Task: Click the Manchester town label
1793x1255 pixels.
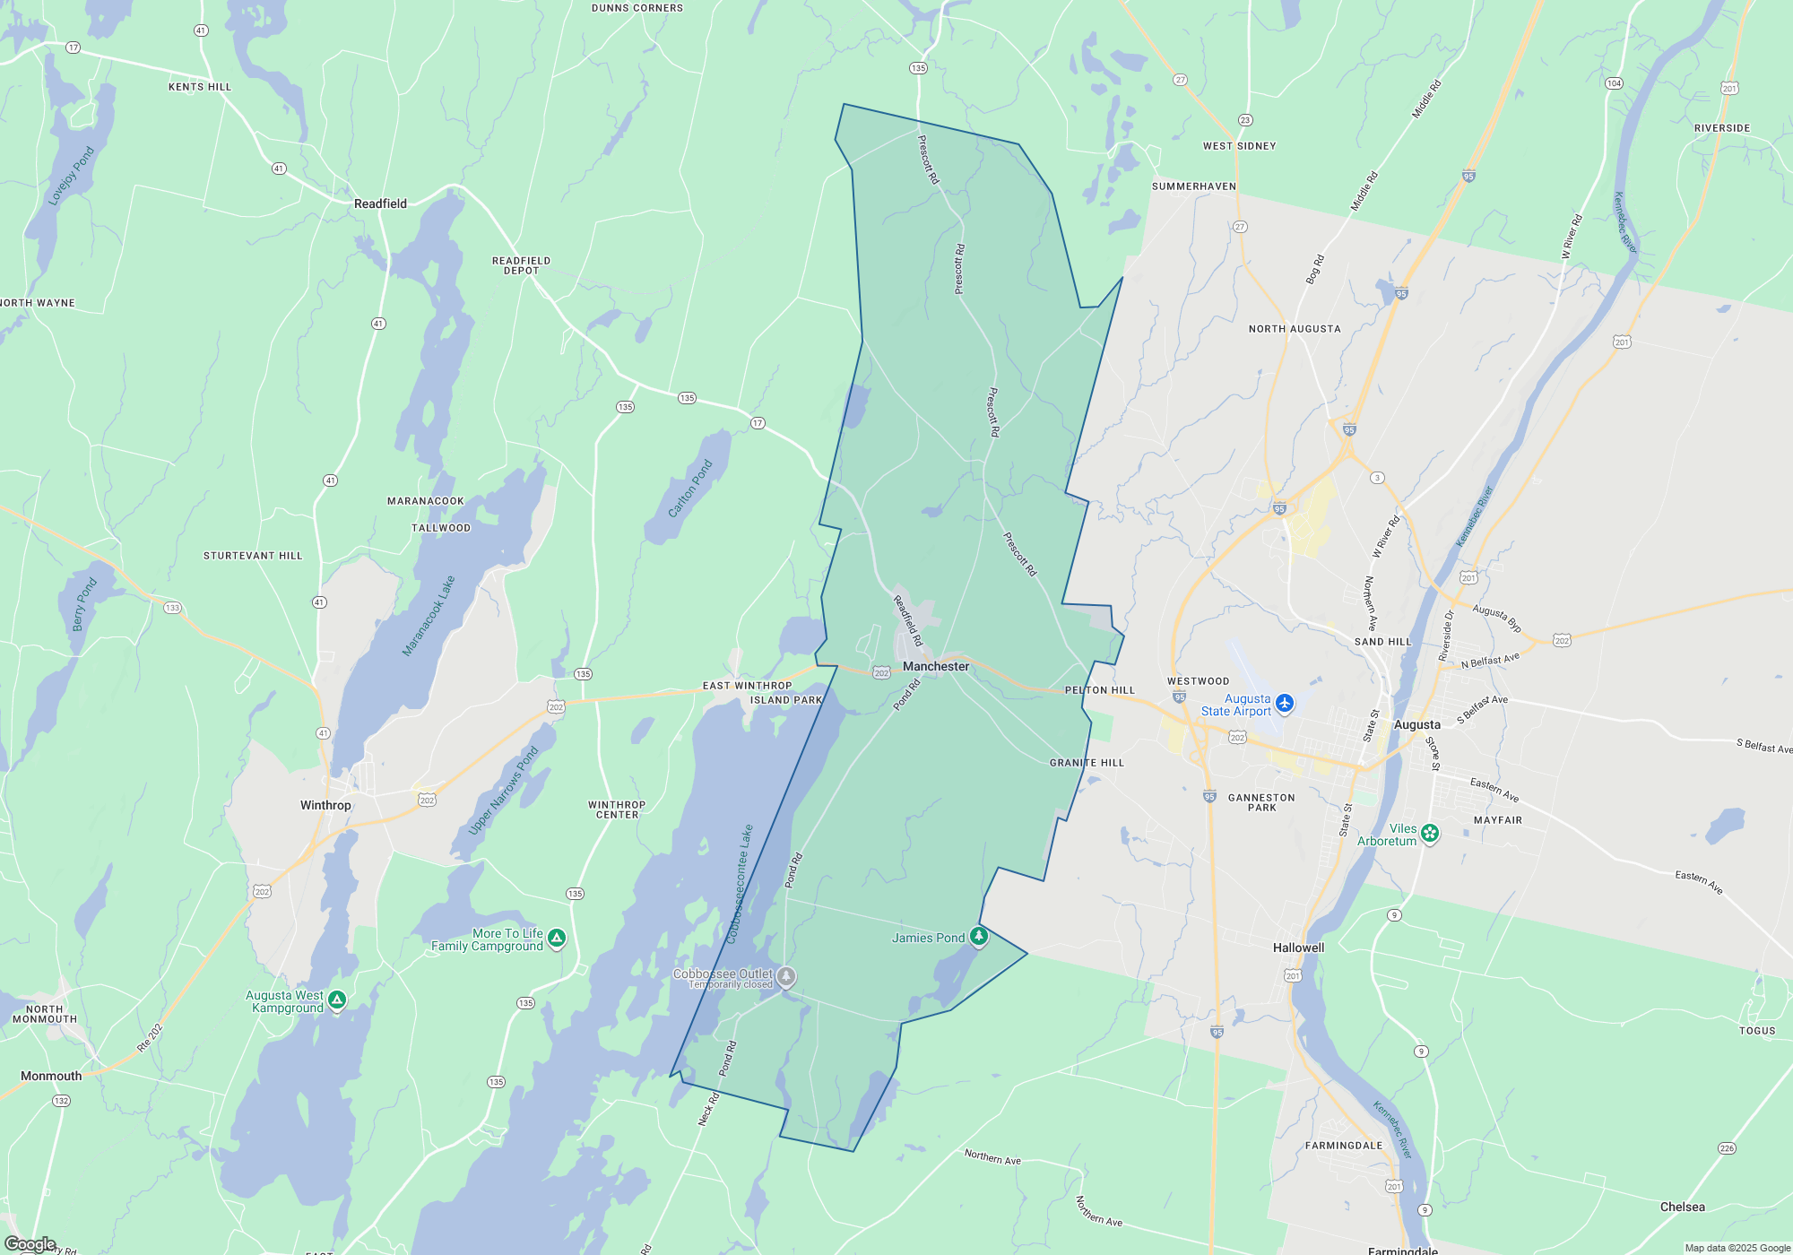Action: pyautogui.click(x=936, y=666)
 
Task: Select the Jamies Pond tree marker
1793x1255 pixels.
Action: pyautogui.click(x=979, y=937)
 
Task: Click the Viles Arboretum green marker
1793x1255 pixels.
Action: pyautogui.click(x=1430, y=833)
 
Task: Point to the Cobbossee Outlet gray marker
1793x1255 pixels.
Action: pyautogui.click(x=786, y=975)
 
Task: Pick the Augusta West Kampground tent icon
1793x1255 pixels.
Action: pyautogui.click(x=337, y=1000)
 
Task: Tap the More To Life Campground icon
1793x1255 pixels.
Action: pyautogui.click(x=557, y=938)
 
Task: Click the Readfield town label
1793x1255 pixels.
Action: pyautogui.click(x=380, y=203)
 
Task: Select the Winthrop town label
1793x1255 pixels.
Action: pyautogui.click(x=325, y=805)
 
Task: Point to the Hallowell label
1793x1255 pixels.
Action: pyautogui.click(x=1298, y=948)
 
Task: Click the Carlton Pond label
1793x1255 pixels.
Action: pyautogui.click(x=690, y=489)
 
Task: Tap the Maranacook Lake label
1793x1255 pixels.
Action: pyautogui.click(x=429, y=616)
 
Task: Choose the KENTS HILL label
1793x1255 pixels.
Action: pyautogui.click(x=200, y=87)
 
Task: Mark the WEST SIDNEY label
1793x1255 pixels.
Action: pyautogui.click(x=1239, y=146)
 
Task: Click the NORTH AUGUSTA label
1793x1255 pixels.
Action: pyautogui.click(x=1295, y=329)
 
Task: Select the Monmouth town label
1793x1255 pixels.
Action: pyautogui.click(x=51, y=1076)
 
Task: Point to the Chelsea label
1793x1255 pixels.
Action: pyautogui.click(x=1682, y=1207)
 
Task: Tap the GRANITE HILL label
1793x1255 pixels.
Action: pyautogui.click(x=1087, y=763)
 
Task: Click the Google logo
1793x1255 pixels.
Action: pyautogui.click(x=30, y=1243)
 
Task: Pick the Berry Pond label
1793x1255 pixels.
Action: pyautogui.click(x=84, y=604)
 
